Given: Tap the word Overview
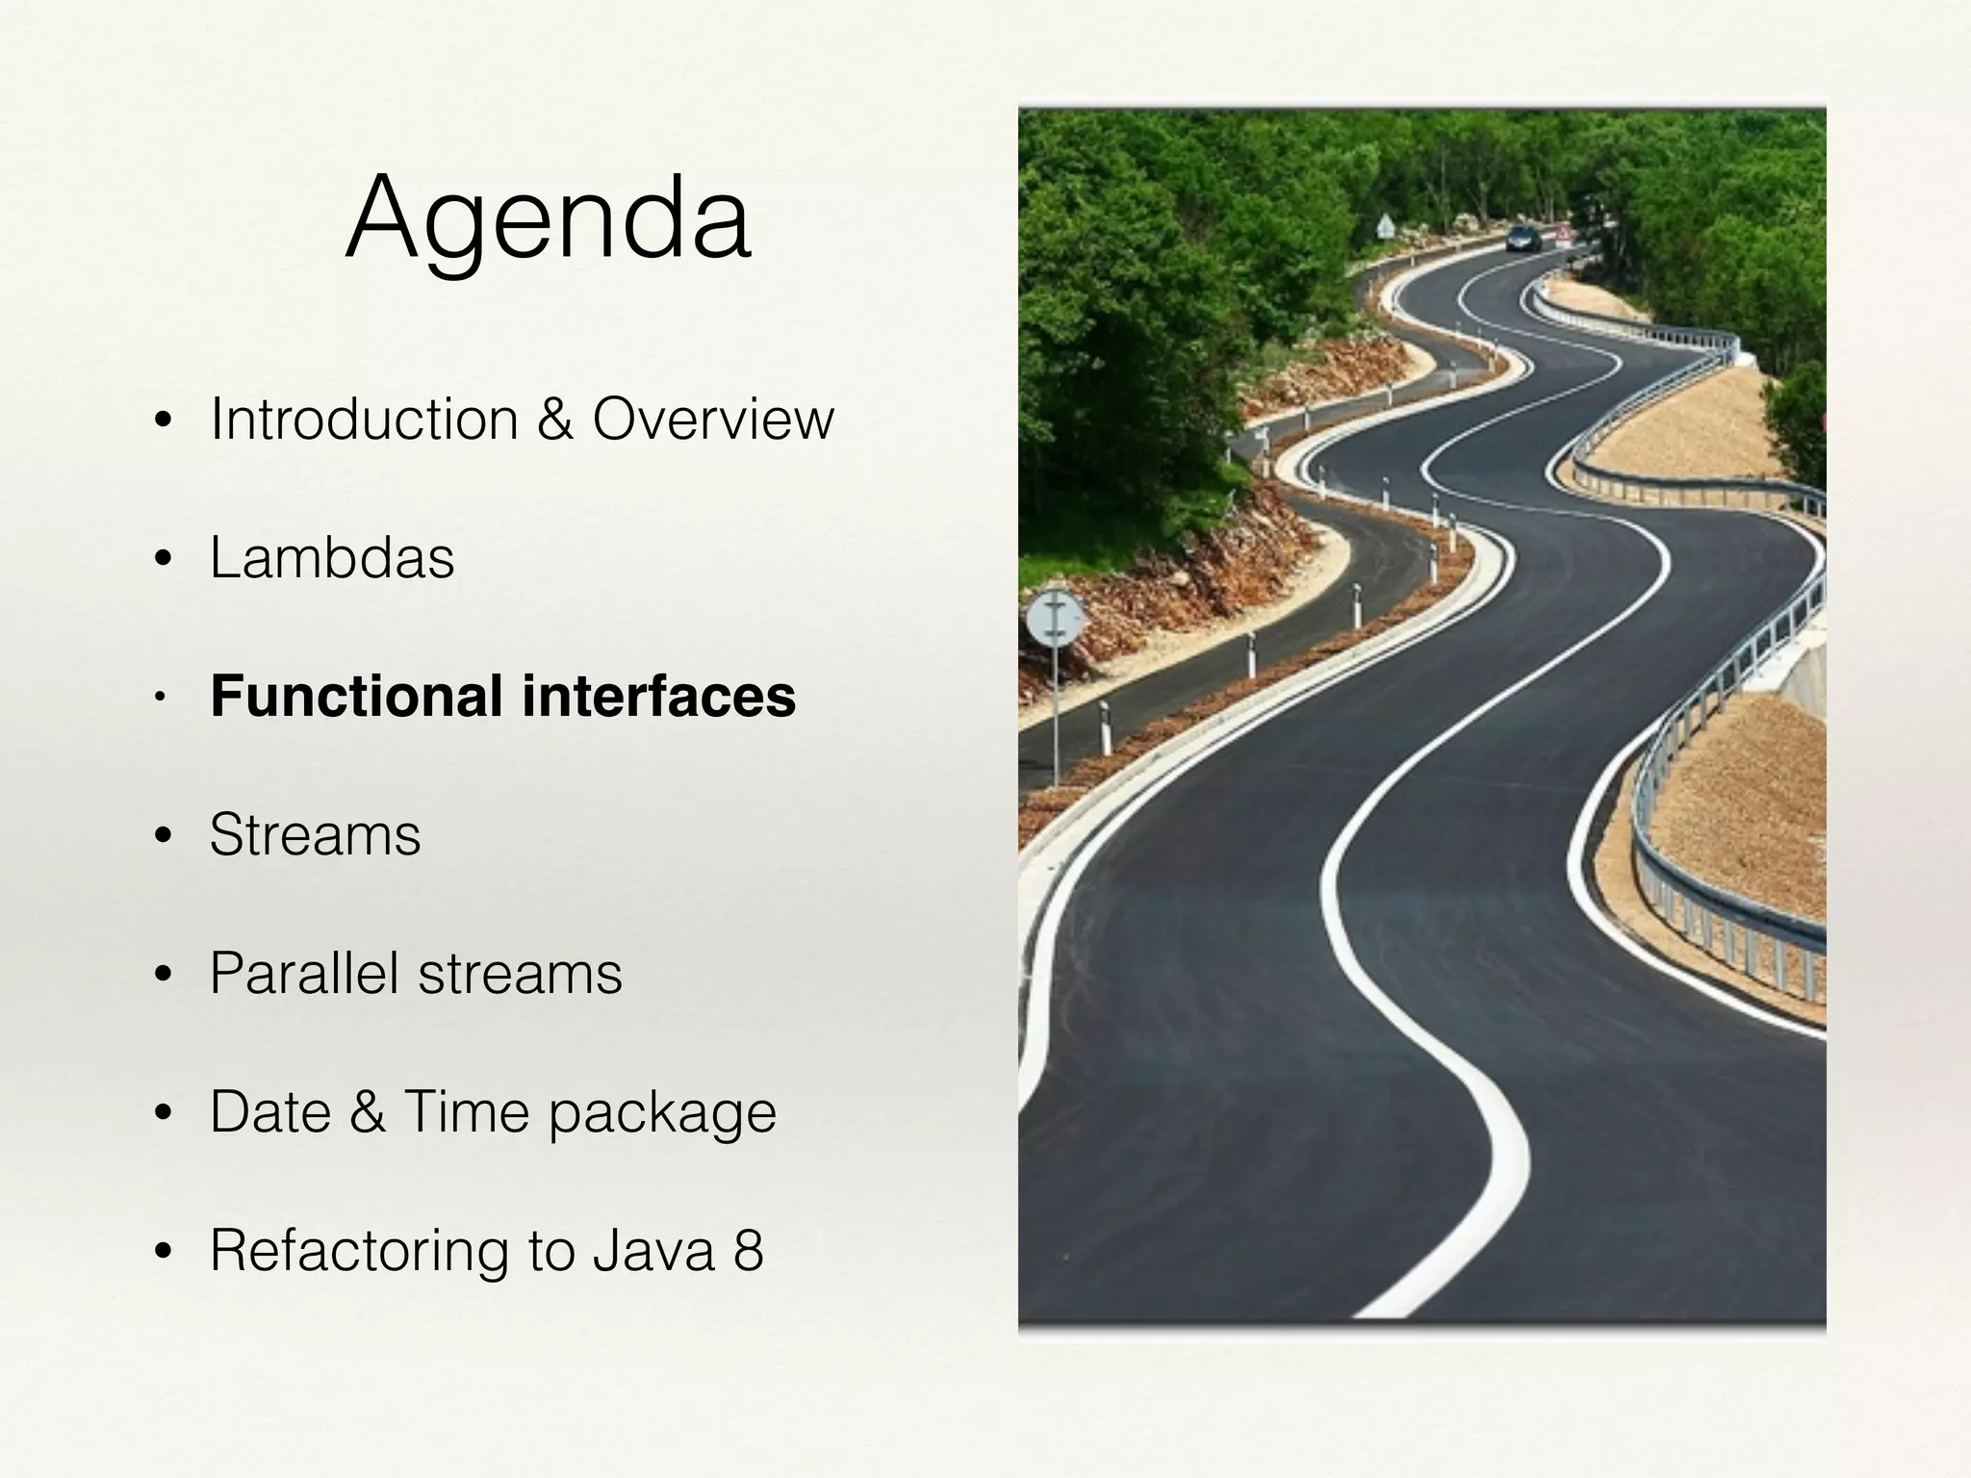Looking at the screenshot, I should (x=713, y=420).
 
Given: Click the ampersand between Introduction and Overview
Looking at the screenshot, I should (x=554, y=420).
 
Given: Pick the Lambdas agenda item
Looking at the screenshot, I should (x=332, y=558).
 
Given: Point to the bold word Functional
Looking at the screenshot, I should (x=356, y=696).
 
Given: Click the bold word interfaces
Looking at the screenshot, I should (x=659, y=696).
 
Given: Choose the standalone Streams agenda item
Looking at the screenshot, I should (x=315, y=834).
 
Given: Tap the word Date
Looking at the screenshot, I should (x=269, y=1111).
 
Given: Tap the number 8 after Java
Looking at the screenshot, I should (x=749, y=1250).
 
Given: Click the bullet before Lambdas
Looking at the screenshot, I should (x=163, y=559).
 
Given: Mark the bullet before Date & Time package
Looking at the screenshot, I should (x=163, y=1113).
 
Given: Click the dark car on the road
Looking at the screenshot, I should (x=1523, y=237).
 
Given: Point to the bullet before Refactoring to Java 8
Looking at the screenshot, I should (x=163, y=1252).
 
